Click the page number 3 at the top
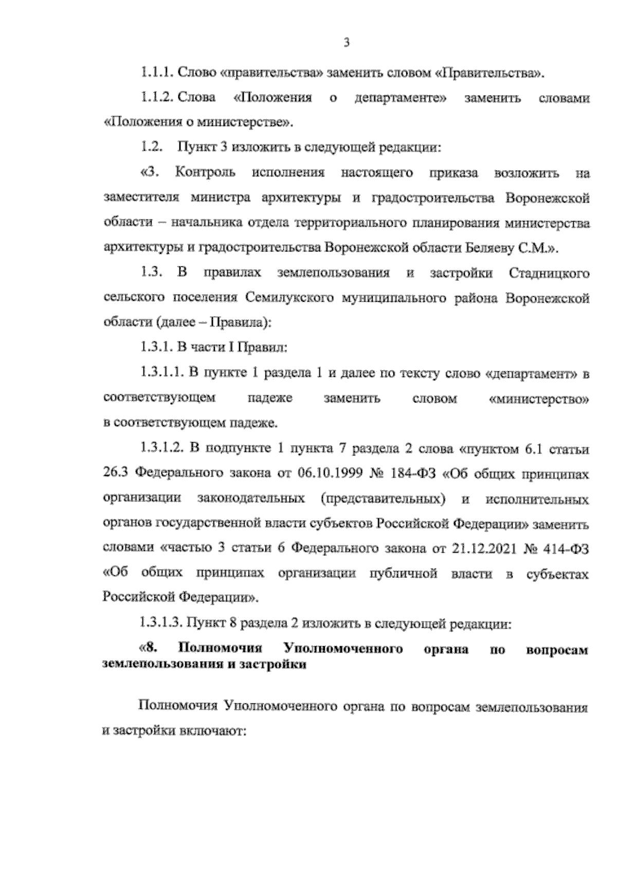click(346, 43)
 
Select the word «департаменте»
click(400, 98)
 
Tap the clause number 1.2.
click(152, 148)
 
